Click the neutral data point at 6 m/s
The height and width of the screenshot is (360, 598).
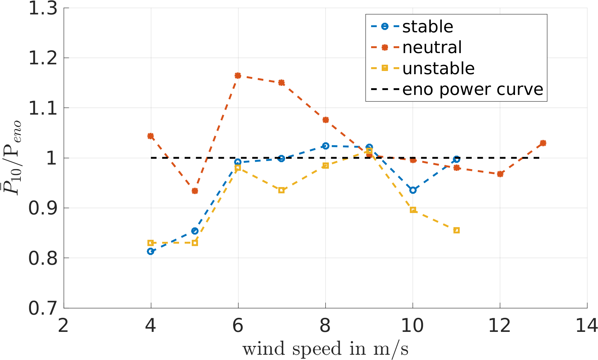tap(238, 76)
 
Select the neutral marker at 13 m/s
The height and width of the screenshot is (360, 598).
tap(543, 143)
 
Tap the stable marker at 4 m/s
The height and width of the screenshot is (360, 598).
tap(151, 251)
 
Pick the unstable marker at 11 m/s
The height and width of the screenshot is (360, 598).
tap(457, 230)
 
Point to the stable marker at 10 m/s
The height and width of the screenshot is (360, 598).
tap(413, 190)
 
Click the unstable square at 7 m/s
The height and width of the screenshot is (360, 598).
tap(281, 190)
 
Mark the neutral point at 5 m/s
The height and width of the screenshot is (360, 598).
tap(195, 191)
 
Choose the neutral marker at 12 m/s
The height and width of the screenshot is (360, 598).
tap(500, 174)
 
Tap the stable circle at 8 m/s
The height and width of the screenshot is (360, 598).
tap(325, 146)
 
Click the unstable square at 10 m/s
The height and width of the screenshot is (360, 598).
tap(413, 210)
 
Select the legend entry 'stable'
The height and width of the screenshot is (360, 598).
tap(427, 27)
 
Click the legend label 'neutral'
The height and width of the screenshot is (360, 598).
tap(432, 47)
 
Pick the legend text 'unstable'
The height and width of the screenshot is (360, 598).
tap(438, 69)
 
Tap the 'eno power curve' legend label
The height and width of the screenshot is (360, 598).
tap(473, 90)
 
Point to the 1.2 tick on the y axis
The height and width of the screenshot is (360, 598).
tap(43, 58)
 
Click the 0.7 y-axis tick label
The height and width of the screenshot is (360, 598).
tap(43, 308)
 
